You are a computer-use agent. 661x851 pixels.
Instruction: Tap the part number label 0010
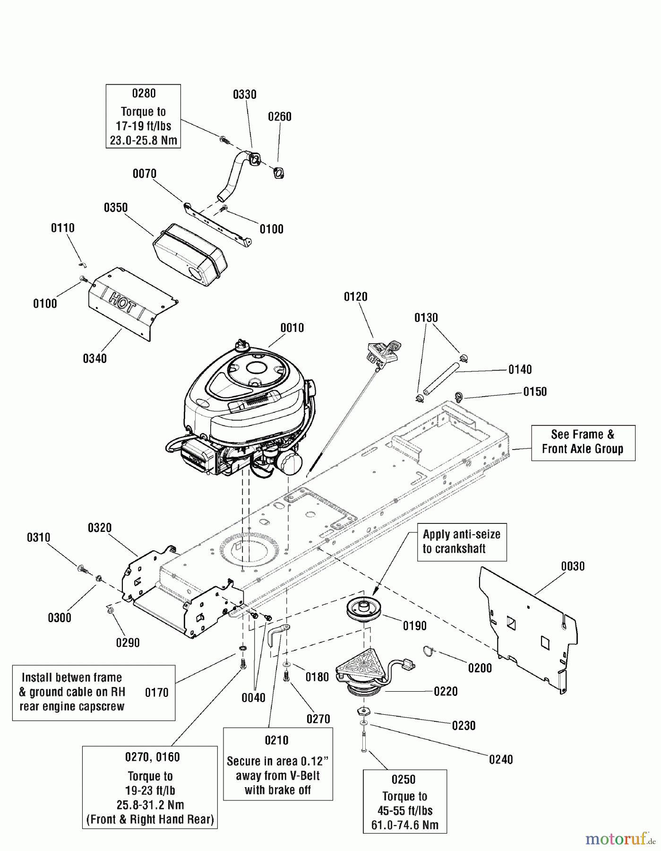[292, 328]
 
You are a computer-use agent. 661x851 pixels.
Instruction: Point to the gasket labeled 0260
[279, 174]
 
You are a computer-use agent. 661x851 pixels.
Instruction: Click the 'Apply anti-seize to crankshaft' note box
[462, 542]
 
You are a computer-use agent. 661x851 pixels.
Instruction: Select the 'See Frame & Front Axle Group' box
[583, 442]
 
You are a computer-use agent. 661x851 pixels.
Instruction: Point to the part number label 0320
[100, 528]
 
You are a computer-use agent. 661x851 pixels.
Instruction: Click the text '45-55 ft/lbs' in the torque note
[405, 810]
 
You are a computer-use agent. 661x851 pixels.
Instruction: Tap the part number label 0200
[480, 668]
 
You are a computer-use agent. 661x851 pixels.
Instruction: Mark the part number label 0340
[95, 358]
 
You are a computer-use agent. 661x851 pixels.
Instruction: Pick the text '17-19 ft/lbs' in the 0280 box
[144, 126]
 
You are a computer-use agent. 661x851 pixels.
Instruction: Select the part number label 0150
[535, 391]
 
